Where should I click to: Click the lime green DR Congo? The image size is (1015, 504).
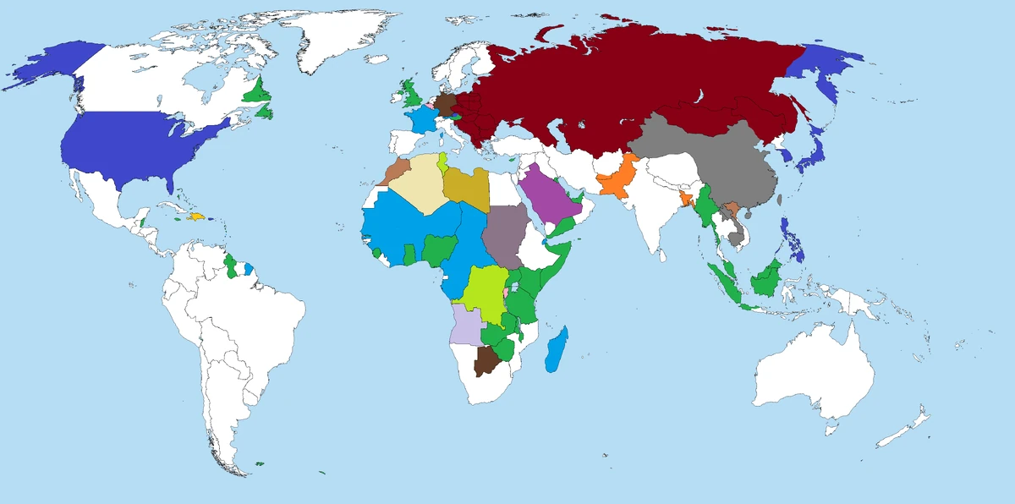[482, 292]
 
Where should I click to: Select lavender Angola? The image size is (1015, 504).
[465, 326]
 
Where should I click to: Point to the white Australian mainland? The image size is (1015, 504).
[812, 372]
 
